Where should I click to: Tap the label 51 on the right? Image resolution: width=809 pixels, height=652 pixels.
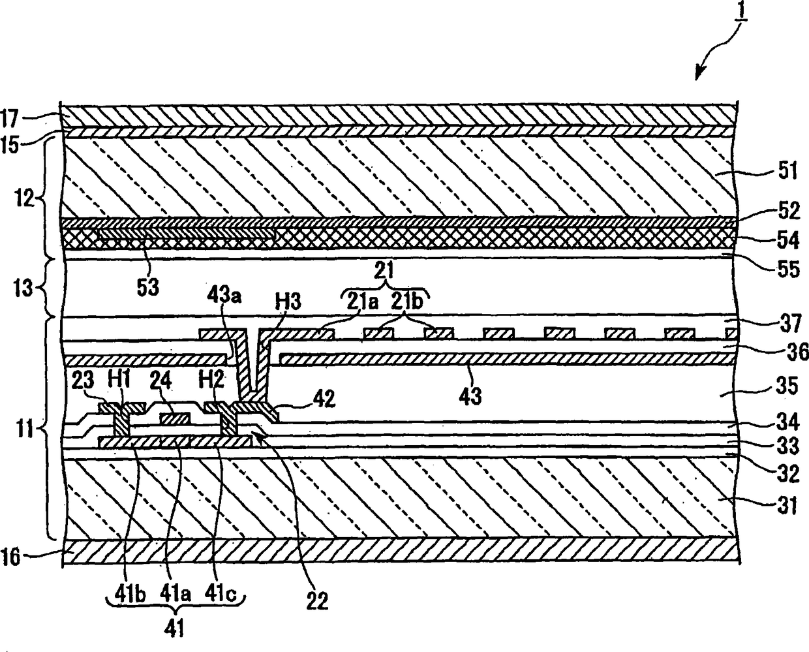[787, 172]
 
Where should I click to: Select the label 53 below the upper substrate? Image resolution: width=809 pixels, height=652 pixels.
[148, 287]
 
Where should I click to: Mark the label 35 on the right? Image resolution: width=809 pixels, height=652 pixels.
[787, 386]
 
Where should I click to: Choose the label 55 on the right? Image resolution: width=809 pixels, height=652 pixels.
[787, 269]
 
